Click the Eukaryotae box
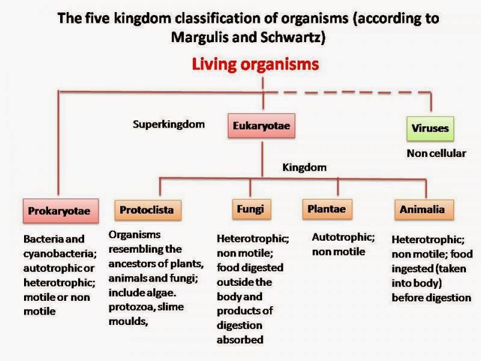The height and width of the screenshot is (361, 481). [x=262, y=126]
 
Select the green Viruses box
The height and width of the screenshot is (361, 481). [x=430, y=129]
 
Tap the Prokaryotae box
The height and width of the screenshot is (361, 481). [x=61, y=211]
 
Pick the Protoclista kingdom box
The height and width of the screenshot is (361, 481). [x=148, y=210]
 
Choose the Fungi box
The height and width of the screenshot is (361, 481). [x=251, y=209]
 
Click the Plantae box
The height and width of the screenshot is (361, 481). [x=327, y=209]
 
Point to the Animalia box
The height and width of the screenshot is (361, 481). [x=424, y=209]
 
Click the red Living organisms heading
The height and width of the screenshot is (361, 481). [x=255, y=64]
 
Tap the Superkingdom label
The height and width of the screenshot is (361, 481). [x=169, y=125]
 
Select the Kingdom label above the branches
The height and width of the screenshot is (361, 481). [x=304, y=168]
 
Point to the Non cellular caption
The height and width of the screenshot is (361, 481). [x=437, y=153]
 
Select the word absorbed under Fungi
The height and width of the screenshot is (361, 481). [x=240, y=339]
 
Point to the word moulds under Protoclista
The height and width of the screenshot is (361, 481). [x=128, y=321]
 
